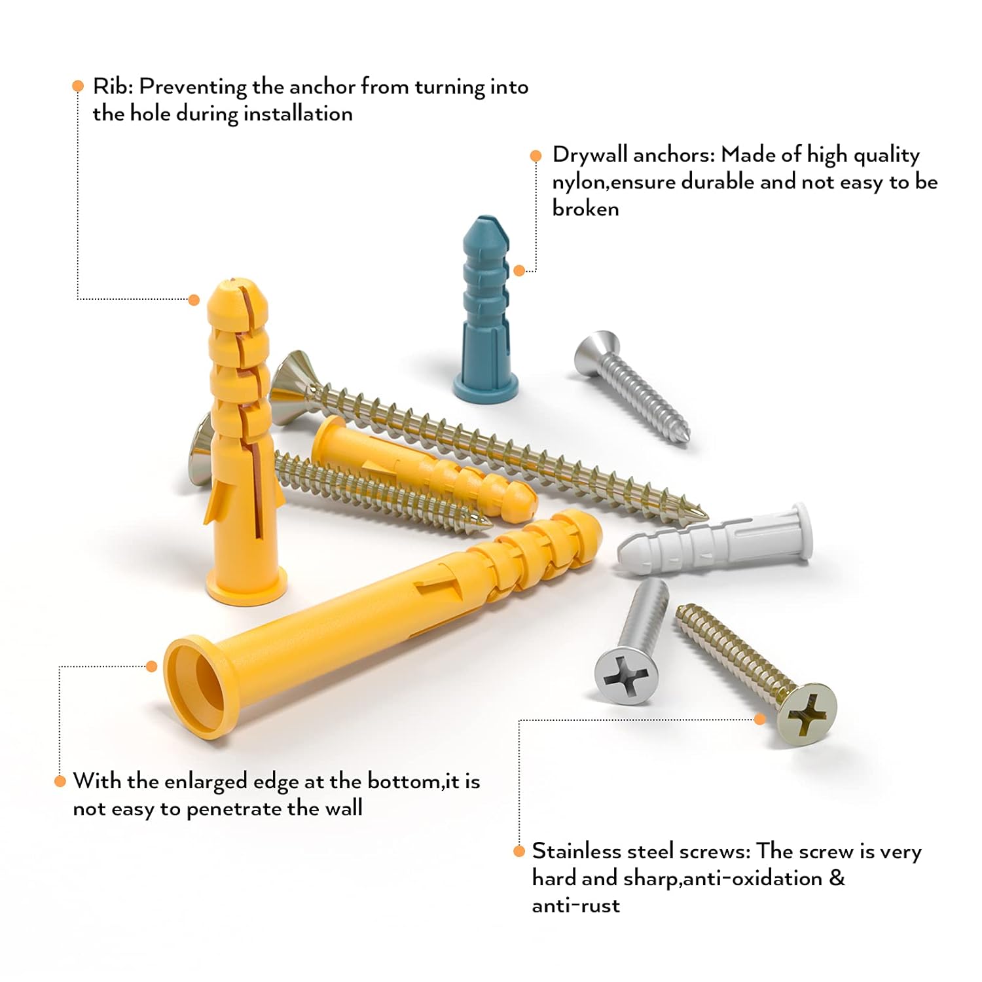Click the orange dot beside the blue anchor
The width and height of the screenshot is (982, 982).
coord(519,270)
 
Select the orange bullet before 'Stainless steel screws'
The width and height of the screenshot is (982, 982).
coord(519,851)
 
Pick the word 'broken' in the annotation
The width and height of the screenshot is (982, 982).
coord(585,208)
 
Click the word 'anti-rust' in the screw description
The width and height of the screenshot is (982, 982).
coord(575,905)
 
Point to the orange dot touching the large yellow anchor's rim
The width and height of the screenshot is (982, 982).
coord(152,666)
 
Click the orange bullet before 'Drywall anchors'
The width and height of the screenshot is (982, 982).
coord(536,156)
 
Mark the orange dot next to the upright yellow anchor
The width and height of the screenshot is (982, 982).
coord(194,300)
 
